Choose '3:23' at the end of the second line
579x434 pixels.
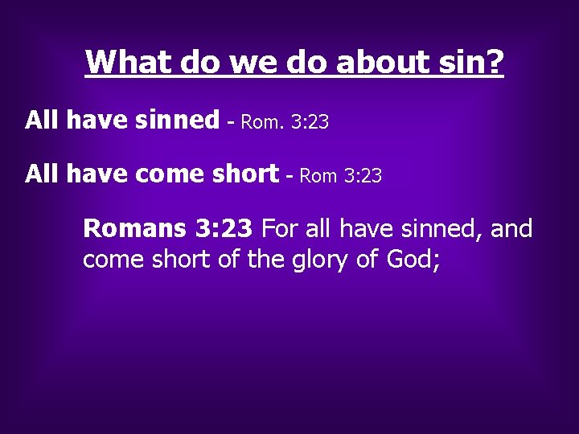[x=362, y=175]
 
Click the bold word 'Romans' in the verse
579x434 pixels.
[x=134, y=229]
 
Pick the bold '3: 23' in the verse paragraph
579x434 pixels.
[x=224, y=229]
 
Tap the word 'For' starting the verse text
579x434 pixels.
[x=281, y=229]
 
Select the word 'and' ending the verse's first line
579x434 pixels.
[x=511, y=229]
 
